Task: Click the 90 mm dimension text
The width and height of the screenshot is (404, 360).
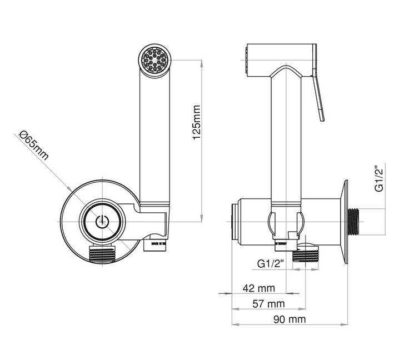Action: [288, 319]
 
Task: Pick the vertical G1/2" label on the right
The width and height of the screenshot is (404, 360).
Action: [380, 178]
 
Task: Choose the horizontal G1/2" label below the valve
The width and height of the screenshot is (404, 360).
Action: [271, 264]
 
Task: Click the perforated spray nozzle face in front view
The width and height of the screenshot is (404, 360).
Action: [155, 60]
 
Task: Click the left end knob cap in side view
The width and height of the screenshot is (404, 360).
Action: [233, 221]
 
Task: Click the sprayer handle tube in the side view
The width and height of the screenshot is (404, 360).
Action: [286, 139]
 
